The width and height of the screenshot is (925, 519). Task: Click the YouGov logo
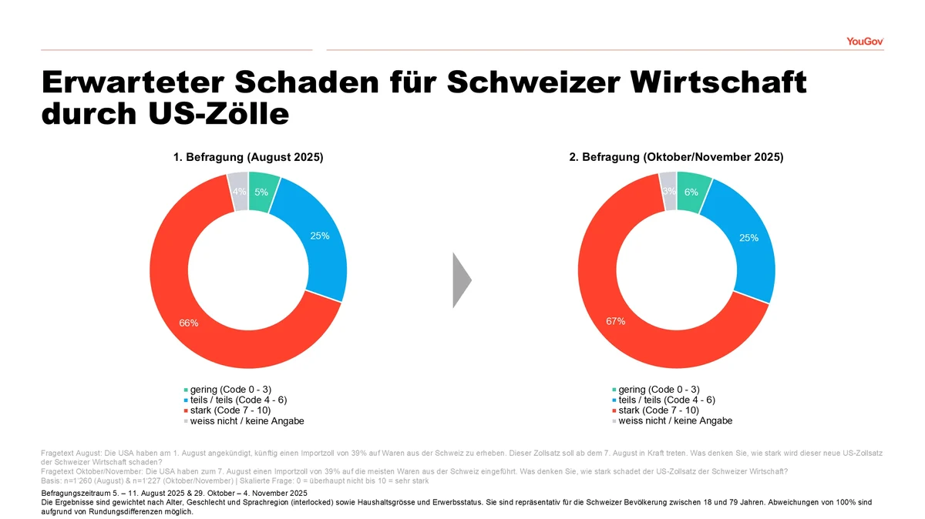pos(865,42)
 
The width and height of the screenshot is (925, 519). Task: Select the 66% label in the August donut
pos(189,323)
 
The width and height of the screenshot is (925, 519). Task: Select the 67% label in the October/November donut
pos(616,321)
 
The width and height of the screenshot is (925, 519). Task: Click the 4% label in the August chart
pos(240,192)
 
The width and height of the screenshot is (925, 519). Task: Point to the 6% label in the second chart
pos(691,193)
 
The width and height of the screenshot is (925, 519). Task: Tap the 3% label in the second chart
pos(668,191)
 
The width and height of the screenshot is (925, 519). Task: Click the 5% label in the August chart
pos(261,193)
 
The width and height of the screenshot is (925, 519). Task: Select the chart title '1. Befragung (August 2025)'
pos(248,157)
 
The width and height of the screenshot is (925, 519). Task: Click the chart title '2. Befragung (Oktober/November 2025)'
pos(676,157)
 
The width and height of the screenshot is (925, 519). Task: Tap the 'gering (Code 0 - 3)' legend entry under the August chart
pos(230,390)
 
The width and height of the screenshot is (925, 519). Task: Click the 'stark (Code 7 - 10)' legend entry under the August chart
pos(229,410)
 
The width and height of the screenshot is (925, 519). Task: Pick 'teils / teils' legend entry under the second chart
pos(666,400)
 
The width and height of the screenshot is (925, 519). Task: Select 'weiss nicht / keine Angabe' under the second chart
pos(675,420)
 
